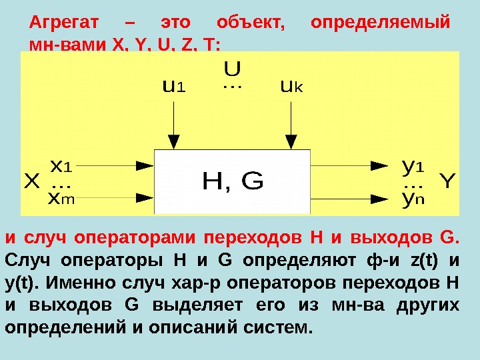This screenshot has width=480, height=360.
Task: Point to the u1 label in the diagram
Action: point(174,87)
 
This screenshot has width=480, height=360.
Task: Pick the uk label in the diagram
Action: point(291,87)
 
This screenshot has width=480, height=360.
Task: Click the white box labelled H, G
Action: point(232,181)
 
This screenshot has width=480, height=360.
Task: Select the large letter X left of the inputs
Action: point(32,181)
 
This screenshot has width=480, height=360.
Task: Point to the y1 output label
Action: point(414,165)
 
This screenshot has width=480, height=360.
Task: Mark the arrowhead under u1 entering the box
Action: point(173,141)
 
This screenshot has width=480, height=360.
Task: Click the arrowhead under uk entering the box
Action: point(290,141)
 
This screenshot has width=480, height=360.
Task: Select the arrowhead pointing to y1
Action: point(379,165)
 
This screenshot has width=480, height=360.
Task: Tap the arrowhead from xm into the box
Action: point(144,197)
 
